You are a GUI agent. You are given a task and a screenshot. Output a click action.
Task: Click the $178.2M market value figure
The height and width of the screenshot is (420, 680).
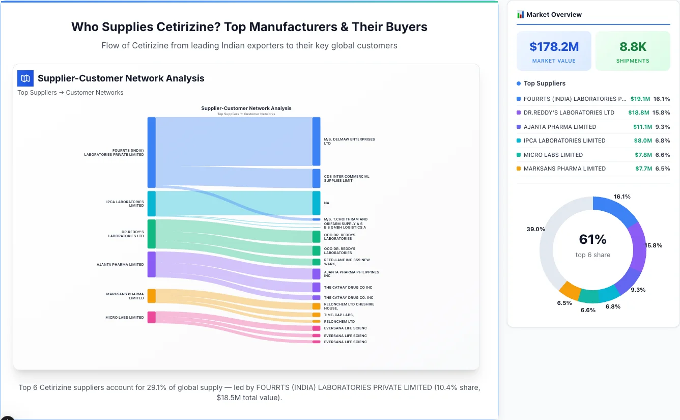(x=554, y=47)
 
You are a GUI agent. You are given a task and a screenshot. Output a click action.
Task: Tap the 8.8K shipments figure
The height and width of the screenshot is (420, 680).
(x=633, y=47)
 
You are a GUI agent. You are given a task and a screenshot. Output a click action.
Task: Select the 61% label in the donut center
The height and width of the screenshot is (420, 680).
(x=592, y=239)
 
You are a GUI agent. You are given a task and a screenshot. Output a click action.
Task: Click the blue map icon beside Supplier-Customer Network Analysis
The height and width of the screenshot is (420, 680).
(x=25, y=78)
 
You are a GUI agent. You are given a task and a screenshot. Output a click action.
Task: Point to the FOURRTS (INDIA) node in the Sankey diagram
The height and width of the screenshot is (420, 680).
(x=151, y=152)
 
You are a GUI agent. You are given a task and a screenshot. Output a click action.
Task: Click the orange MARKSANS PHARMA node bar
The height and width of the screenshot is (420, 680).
(x=151, y=296)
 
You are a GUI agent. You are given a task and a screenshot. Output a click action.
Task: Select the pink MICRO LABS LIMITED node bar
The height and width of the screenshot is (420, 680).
(x=151, y=317)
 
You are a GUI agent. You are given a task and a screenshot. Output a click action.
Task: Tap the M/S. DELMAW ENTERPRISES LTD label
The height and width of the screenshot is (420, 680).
(x=349, y=141)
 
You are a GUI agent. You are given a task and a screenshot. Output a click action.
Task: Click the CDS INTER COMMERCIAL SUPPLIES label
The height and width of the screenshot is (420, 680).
(x=347, y=178)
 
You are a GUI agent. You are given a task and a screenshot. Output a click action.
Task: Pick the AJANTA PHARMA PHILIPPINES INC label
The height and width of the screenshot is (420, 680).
(x=351, y=274)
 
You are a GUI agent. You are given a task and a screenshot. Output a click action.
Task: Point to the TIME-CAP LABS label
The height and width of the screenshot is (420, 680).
(x=338, y=315)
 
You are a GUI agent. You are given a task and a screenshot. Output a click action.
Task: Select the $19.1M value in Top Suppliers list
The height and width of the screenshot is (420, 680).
(x=640, y=99)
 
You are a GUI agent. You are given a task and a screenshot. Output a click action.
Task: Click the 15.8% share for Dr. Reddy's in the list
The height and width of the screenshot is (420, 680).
(x=662, y=113)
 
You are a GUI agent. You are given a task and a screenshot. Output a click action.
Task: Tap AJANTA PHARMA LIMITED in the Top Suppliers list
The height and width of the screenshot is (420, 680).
(x=560, y=127)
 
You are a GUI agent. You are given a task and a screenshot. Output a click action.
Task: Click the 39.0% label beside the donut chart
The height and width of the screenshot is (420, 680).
(x=535, y=229)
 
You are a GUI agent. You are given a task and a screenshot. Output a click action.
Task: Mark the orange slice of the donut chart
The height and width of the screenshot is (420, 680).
(x=570, y=290)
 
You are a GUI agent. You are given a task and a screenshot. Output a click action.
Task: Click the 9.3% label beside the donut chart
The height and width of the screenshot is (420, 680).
(x=638, y=290)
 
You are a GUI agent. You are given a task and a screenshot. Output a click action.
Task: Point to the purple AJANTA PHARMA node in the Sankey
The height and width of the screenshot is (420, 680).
(x=151, y=264)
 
